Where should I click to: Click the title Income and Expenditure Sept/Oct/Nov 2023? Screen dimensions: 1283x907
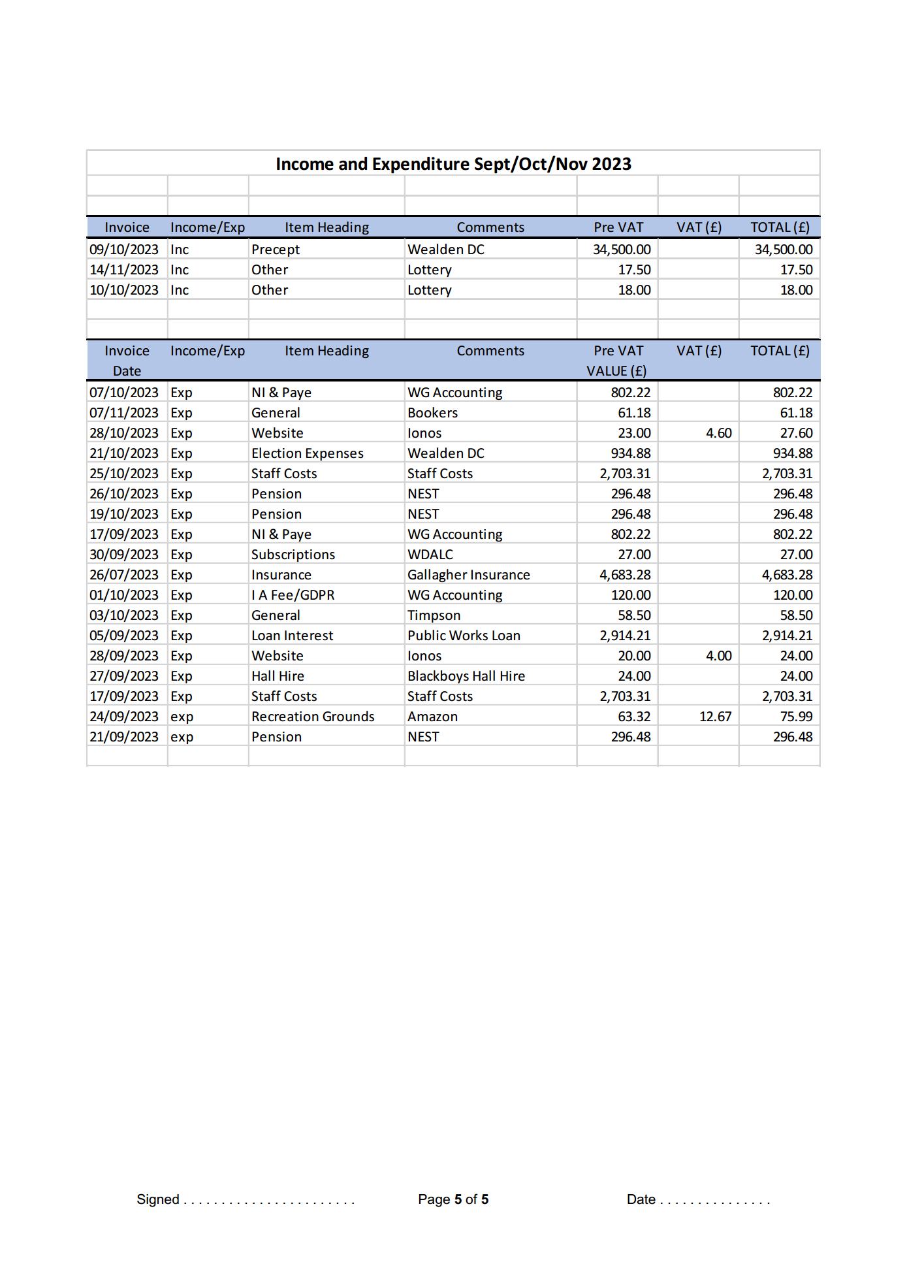(x=453, y=164)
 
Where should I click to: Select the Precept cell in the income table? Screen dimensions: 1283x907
(x=275, y=250)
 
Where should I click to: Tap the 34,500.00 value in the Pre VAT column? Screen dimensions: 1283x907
(x=621, y=250)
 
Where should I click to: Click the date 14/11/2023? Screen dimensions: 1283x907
(x=124, y=270)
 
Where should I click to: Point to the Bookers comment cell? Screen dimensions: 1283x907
(x=432, y=413)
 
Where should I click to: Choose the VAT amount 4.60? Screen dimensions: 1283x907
(x=718, y=433)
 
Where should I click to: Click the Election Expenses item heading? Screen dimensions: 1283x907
(x=307, y=453)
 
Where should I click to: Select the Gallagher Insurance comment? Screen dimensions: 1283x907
(x=468, y=575)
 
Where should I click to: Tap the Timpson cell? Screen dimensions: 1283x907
(x=434, y=615)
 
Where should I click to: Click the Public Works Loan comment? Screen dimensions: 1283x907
(x=464, y=636)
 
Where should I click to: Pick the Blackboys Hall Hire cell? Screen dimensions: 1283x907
(x=466, y=676)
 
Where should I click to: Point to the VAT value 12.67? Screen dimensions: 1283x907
(x=715, y=717)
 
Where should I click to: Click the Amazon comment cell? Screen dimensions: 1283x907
(x=432, y=717)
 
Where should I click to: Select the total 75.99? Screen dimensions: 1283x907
(x=796, y=717)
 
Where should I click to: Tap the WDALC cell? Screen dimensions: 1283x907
(x=430, y=555)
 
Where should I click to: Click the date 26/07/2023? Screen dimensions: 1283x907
(x=124, y=575)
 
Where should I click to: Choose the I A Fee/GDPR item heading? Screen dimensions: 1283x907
(x=293, y=595)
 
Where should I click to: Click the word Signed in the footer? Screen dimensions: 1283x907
(x=157, y=1199)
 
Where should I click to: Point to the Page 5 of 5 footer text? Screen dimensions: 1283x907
(x=453, y=1199)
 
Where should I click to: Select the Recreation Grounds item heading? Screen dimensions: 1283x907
(x=313, y=717)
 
